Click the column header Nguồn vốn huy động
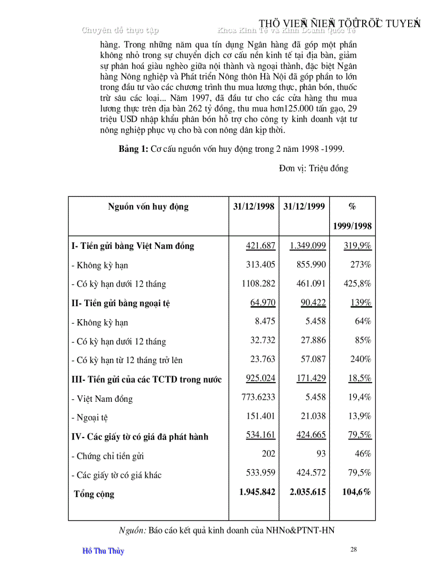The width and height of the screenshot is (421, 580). tap(148, 207)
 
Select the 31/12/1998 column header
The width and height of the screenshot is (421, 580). tap(253, 207)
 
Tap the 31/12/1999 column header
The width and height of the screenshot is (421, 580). tap(304, 207)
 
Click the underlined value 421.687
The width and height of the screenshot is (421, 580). tap(261, 246)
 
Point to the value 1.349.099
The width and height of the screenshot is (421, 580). tap(307, 246)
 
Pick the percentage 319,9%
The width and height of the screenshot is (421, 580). tap(358, 246)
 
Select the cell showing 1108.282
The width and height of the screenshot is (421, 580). tap(258, 284)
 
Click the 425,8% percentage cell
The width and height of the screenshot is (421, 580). tap(358, 284)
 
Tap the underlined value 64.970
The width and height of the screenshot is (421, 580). tap(263, 303)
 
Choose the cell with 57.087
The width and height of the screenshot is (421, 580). tap(313, 359)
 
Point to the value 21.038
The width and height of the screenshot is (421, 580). tap(313, 416)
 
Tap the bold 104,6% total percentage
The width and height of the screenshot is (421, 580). tap(357, 492)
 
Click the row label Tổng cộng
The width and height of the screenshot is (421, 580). tap(94, 494)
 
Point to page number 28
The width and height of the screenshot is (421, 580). tap(353, 550)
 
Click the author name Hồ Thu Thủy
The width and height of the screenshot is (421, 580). tap(103, 551)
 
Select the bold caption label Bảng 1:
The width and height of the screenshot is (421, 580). tap(133, 149)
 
